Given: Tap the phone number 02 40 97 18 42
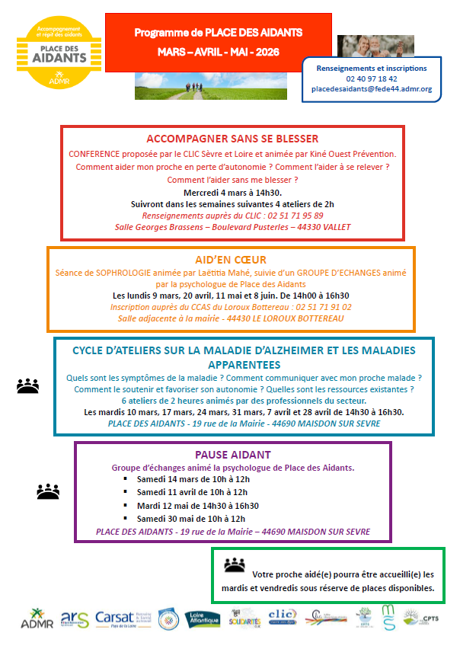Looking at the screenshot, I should coord(371,78).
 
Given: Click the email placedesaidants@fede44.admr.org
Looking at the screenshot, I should coord(372,89).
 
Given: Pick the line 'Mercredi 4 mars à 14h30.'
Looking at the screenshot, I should coord(232,193).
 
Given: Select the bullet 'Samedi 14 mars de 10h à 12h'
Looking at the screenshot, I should coord(192,479).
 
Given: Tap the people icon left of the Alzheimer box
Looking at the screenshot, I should coord(27,386).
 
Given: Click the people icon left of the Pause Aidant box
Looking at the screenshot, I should coord(48,491).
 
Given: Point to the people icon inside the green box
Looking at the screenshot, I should coord(235,565).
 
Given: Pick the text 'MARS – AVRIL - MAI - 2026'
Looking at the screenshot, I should coord(219,52).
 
